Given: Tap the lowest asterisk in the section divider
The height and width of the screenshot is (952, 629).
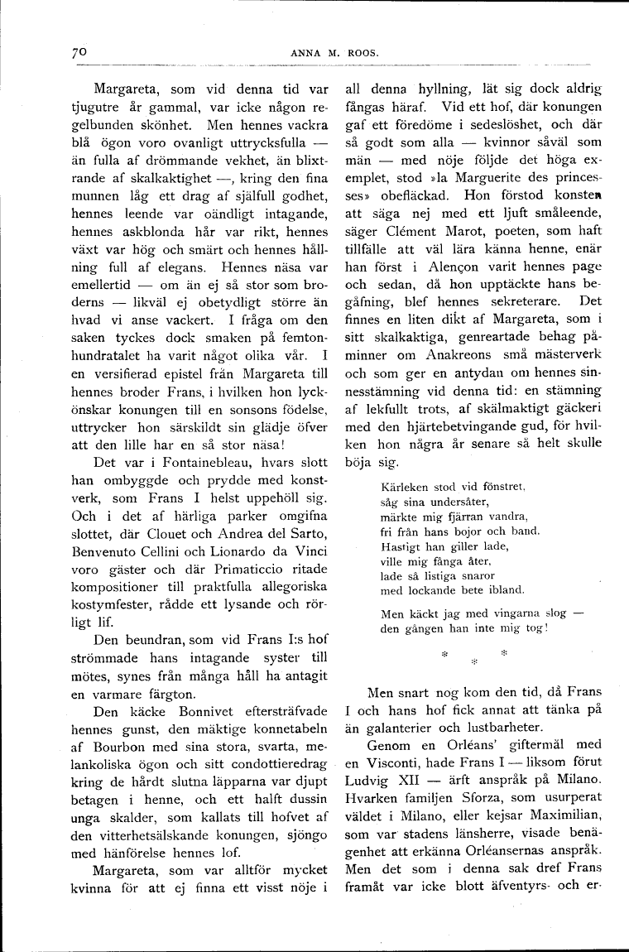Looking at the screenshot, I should [x=474, y=662].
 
